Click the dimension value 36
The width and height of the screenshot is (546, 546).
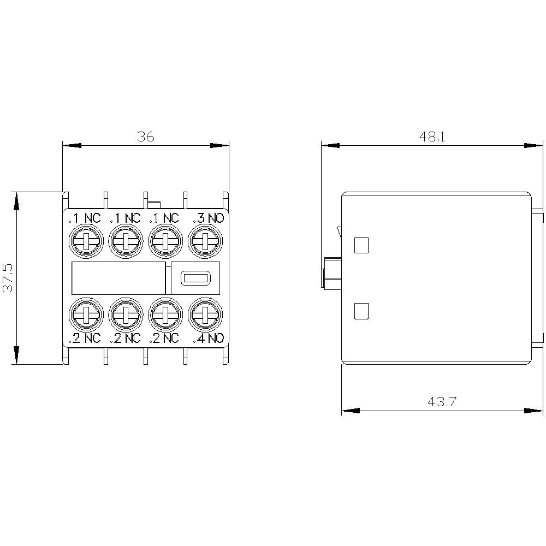click(146, 136)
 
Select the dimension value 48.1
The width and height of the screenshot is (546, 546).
click(432, 136)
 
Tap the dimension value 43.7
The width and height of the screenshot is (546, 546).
click(442, 402)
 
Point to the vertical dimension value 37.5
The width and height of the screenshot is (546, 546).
click(8, 278)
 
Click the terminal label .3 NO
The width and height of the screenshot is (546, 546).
click(207, 218)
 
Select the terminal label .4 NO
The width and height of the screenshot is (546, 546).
click(207, 339)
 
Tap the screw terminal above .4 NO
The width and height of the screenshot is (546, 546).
click(205, 314)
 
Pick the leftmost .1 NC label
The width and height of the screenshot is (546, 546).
click(85, 218)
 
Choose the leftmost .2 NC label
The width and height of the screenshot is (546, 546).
click(85, 339)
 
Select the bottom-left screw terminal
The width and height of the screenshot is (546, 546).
click(85, 314)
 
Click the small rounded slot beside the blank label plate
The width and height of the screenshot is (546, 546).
click(195, 278)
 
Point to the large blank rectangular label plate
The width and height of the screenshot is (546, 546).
click(118, 278)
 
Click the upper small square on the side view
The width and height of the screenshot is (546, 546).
click(361, 245)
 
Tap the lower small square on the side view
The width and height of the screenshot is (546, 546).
click(361, 311)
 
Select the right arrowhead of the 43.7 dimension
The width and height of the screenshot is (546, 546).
click(534, 411)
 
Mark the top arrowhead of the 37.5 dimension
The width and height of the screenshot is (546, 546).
click(17, 201)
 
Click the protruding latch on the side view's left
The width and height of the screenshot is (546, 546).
click(331, 272)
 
